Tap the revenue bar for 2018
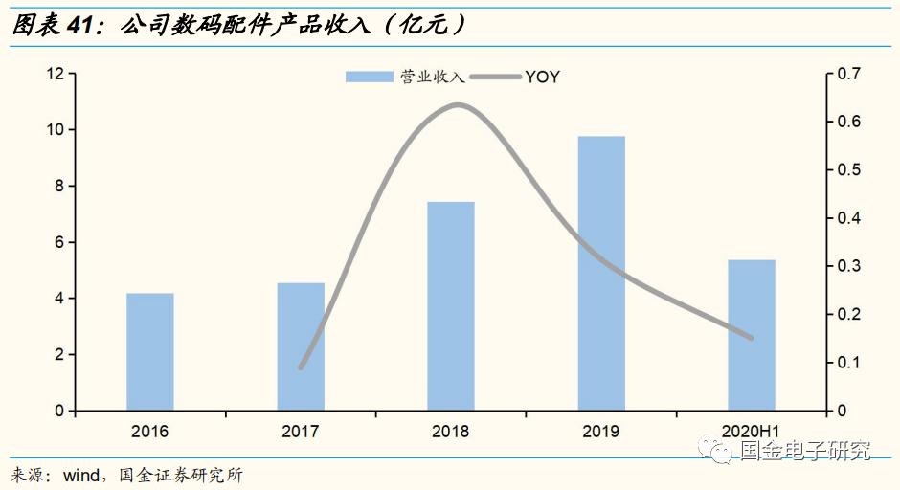[x=451, y=306]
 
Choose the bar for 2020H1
[x=752, y=335]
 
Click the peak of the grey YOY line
[x=458, y=104]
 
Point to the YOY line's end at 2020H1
[x=752, y=338]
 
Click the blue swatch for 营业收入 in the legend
[x=369, y=77]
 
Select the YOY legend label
[x=542, y=77]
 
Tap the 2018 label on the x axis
[x=451, y=432]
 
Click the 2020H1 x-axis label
[x=752, y=432]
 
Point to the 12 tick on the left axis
[x=55, y=74]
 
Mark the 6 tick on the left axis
[x=58, y=242]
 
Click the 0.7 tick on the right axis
[x=849, y=74]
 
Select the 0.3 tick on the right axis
[x=849, y=266]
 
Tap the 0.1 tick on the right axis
[x=849, y=363]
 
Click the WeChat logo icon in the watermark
[x=717, y=449]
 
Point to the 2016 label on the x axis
[x=150, y=432]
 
